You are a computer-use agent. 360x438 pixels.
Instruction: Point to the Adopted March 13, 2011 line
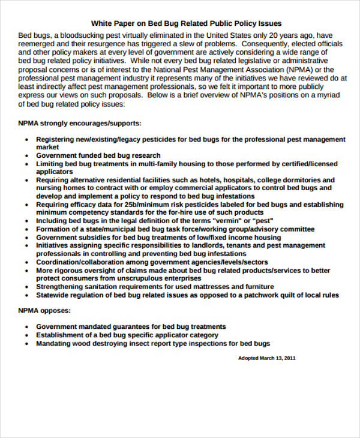pyautogui.click(x=267, y=358)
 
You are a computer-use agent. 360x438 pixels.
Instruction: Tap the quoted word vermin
pyautogui.click(x=236, y=221)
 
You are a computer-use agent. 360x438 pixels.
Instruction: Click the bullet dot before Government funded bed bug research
pyautogui.click(x=28, y=155)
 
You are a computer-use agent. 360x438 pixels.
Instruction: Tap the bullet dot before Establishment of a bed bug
pyautogui.click(x=28, y=336)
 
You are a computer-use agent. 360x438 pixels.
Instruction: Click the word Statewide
pyautogui.click(x=53, y=295)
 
